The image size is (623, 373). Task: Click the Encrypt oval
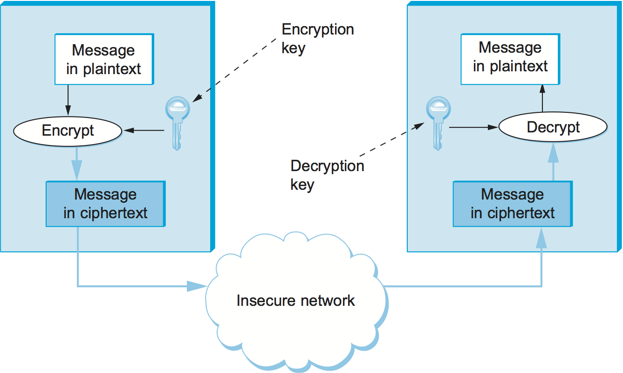coord(68,131)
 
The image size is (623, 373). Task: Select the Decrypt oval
coord(553,127)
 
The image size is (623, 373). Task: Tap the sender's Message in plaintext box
coord(104,59)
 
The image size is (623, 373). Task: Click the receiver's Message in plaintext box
coord(510,57)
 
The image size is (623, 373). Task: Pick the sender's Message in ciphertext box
coord(105,204)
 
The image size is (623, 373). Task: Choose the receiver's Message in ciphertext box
coord(513,204)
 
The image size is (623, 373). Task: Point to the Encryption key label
coord(317,38)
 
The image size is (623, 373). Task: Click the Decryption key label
coord(327,174)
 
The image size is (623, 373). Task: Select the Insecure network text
coord(295,300)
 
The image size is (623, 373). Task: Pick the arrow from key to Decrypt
coord(472,126)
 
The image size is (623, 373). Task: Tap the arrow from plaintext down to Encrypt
coord(68,100)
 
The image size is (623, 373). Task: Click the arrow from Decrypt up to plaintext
coord(542,98)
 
